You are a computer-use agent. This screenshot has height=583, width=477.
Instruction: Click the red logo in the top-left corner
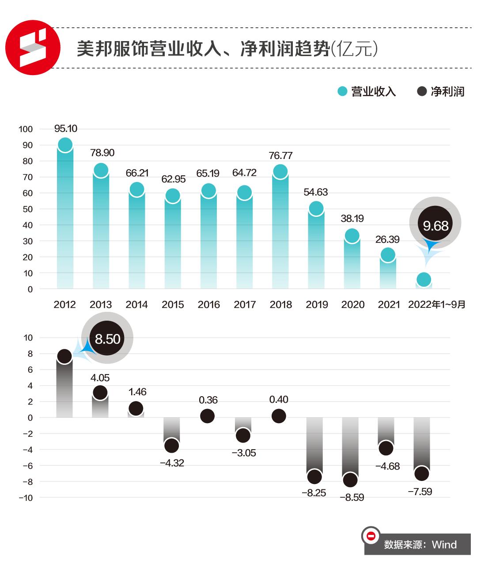33,47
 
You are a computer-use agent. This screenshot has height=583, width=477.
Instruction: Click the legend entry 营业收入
367,91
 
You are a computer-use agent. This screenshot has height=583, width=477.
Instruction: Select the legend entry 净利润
441,91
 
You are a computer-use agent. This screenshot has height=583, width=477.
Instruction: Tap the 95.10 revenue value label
65,129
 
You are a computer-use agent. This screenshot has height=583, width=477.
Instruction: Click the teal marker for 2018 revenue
280,171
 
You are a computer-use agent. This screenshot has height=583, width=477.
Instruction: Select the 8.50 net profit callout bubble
107,339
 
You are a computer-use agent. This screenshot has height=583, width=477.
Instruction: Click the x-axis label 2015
173,305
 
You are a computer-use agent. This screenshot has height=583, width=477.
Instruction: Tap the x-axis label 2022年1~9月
436,305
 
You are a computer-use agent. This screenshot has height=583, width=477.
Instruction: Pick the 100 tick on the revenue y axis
26,129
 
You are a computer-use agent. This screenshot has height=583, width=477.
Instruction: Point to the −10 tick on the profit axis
26,498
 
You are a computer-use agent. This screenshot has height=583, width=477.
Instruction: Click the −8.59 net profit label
352,498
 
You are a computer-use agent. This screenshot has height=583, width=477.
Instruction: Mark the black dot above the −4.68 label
386,448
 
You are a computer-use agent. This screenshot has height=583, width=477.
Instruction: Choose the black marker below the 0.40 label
279,416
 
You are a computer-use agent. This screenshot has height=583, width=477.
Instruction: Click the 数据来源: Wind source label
420,545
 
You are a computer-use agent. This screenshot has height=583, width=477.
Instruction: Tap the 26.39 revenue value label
387,239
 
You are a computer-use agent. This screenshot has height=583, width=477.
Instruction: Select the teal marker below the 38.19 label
352,236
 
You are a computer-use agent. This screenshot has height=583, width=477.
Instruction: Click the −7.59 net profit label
420,492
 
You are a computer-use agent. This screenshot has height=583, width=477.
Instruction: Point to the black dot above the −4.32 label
171,446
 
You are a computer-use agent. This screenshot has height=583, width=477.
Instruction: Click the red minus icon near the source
371,536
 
